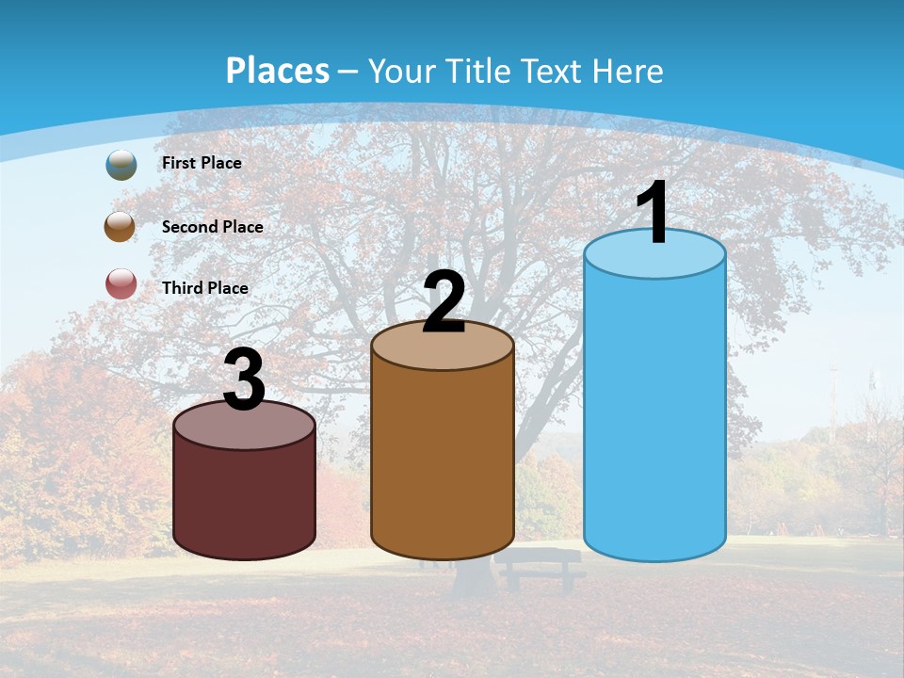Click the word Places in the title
tap(277, 71)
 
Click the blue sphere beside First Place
tap(121, 164)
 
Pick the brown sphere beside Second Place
tap(121, 227)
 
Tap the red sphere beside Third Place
tap(121, 283)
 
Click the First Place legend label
tap(202, 163)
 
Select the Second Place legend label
tap(212, 227)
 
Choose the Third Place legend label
tap(205, 288)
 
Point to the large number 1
tap(654, 213)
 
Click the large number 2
tap(444, 302)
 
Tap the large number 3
tap(245, 380)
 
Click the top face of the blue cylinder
tap(654, 257)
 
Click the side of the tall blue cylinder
tap(654, 414)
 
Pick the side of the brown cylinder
tap(443, 461)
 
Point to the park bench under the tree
tap(539, 567)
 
